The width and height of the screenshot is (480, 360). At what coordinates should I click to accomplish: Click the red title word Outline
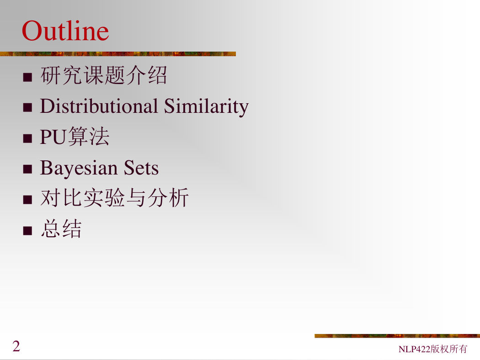tap(65, 31)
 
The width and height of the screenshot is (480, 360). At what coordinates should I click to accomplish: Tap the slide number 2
tap(16, 346)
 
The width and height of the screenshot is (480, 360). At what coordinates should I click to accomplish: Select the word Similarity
tap(206, 107)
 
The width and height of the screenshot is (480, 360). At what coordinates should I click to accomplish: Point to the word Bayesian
tap(79, 168)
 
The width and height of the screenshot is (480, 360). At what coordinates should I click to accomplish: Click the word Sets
tap(141, 168)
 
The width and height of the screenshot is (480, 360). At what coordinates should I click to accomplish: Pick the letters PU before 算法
tap(53, 137)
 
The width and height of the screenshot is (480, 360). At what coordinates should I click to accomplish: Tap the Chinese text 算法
tap(89, 137)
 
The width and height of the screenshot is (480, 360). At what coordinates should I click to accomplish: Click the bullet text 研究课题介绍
tap(104, 75)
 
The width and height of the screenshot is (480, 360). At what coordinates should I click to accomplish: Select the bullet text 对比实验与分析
tap(114, 197)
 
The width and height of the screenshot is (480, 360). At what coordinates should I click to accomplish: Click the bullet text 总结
tap(61, 228)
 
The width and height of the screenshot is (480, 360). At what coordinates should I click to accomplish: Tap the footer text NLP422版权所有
tap(433, 349)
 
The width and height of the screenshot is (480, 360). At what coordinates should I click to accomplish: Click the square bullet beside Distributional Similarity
tap(27, 108)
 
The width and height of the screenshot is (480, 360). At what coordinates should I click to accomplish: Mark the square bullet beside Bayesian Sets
tap(27, 169)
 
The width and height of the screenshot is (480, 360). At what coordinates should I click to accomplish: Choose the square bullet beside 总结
tap(27, 231)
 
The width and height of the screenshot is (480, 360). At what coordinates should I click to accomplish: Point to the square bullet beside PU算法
tap(27, 138)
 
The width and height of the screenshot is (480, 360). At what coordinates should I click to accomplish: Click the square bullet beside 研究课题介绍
tap(27, 77)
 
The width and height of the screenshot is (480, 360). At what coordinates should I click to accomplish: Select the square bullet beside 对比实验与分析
tap(27, 200)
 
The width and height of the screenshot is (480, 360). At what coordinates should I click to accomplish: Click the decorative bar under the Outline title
tap(118, 54)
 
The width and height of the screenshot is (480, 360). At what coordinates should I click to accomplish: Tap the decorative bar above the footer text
tap(397, 336)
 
